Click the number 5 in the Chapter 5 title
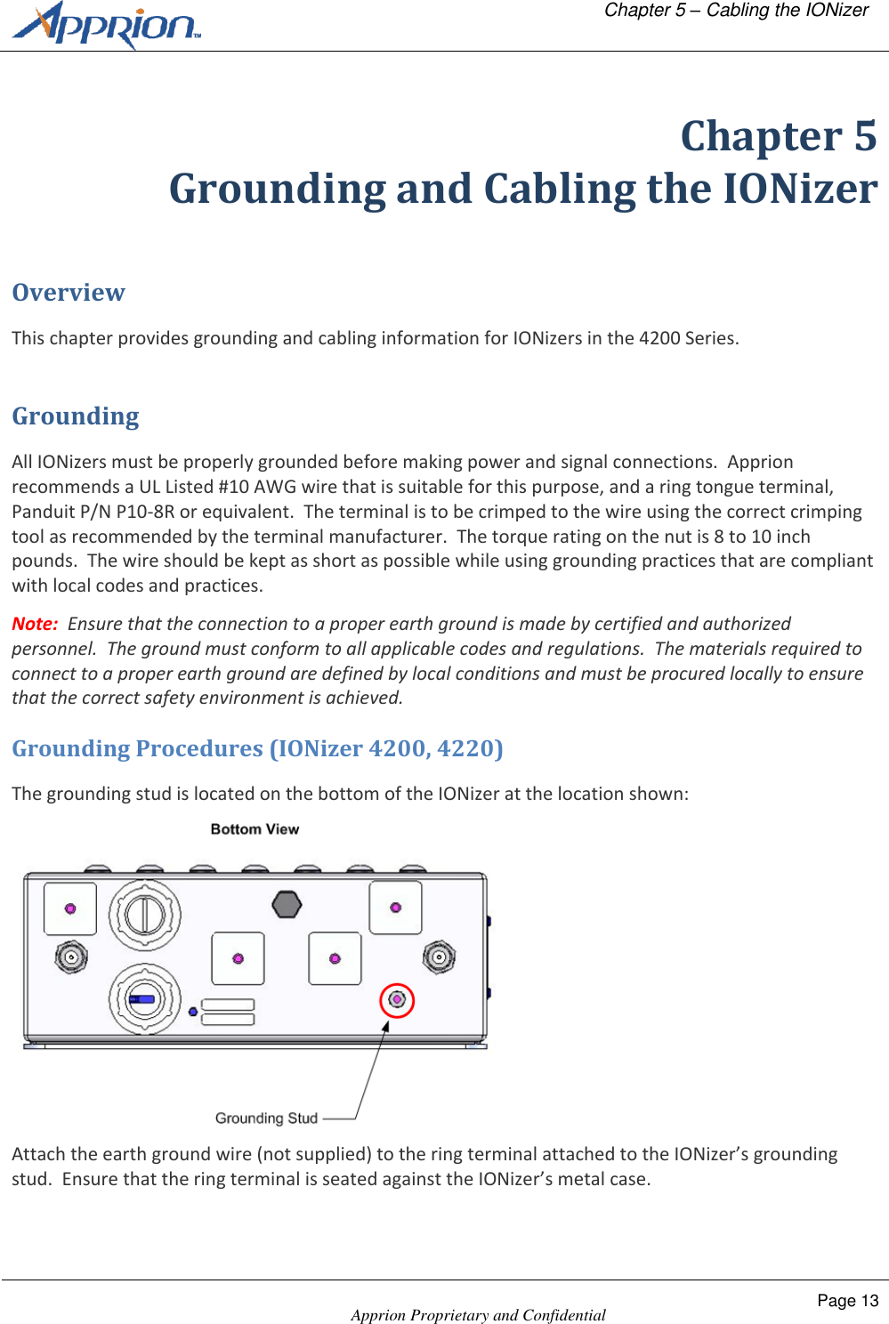click(864, 136)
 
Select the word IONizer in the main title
click(799, 189)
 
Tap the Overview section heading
click(69, 293)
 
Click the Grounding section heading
click(76, 416)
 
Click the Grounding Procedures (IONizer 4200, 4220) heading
click(257, 748)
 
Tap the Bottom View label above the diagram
click(255, 829)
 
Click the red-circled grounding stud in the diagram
click(397, 1000)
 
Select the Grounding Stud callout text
click(266, 1118)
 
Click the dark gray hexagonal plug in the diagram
click(287, 904)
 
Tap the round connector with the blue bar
click(144, 998)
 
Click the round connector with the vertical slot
click(144, 915)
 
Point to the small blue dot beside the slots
click(193, 1012)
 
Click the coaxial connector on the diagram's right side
click(439, 957)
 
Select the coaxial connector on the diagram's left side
click(71, 957)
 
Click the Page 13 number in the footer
click(847, 1301)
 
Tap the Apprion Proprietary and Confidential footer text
click(478, 1315)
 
